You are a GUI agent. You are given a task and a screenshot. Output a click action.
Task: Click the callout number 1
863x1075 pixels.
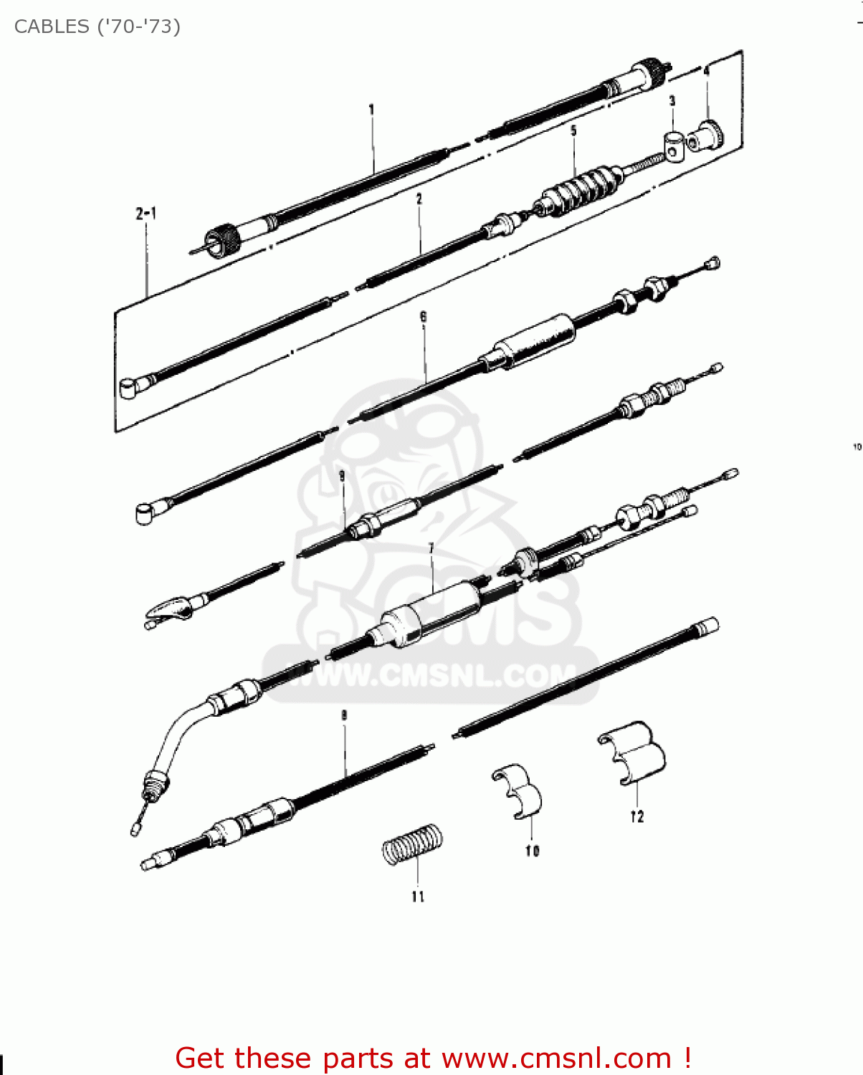click(371, 110)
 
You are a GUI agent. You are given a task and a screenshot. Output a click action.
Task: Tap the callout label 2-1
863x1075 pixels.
click(146, 214)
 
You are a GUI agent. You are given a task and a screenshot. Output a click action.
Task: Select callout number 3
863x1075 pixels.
click(672, 100)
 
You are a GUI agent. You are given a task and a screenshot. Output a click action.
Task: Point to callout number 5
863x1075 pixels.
click(573, 130)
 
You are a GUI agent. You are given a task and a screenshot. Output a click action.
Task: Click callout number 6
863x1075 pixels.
click(423, 316)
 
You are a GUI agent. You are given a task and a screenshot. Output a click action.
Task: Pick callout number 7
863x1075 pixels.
click(431, 549)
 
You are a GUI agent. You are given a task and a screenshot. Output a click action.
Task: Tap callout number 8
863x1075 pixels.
click(344, 716)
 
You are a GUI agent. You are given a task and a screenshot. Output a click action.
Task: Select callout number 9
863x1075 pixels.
click(342, 476)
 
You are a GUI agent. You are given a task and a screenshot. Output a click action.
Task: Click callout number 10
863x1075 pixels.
click(532, 851)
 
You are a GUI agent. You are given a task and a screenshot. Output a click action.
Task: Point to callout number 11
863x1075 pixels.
click(419, 897)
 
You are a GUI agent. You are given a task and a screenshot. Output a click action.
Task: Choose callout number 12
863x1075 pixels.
click(637, 817)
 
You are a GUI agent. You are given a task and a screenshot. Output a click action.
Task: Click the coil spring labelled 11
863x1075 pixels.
click(413, 845)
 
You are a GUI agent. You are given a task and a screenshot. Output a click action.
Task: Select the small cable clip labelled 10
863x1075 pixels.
click(518, 790)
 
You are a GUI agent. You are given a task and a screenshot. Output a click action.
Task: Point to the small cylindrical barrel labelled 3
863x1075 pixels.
click(673, 145)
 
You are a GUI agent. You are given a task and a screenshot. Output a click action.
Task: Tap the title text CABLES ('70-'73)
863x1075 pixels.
click(97, 27)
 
